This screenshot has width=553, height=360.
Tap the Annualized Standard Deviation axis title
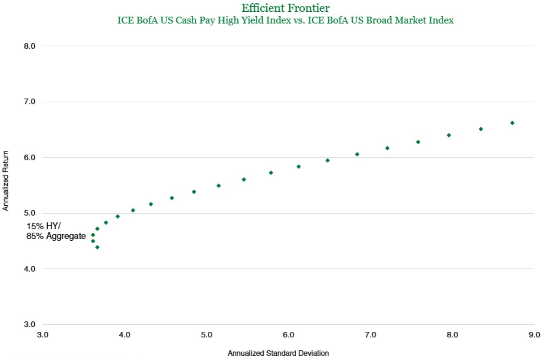(278, 354)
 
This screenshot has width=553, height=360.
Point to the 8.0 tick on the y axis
(31, 46)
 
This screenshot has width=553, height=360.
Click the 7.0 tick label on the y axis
(31, 102)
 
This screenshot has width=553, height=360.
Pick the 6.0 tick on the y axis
(31, 158)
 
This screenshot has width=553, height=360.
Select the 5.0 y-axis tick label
(31, 213)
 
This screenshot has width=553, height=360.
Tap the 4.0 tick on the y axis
(31, 269)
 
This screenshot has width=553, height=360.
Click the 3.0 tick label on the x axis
(43, 335)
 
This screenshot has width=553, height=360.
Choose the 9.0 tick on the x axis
(534, 335)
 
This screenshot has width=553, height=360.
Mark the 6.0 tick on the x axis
(289, 335)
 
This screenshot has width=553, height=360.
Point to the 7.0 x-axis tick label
(370, 335)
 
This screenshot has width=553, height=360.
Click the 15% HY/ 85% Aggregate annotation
(56, 231)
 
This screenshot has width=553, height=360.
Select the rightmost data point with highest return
(512, 123)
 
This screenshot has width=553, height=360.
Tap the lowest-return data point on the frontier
(97, 247)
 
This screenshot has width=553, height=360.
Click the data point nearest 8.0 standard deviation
(449, 135)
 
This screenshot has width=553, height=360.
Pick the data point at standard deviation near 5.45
(244, 179)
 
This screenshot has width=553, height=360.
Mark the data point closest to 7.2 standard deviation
(387, 148)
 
